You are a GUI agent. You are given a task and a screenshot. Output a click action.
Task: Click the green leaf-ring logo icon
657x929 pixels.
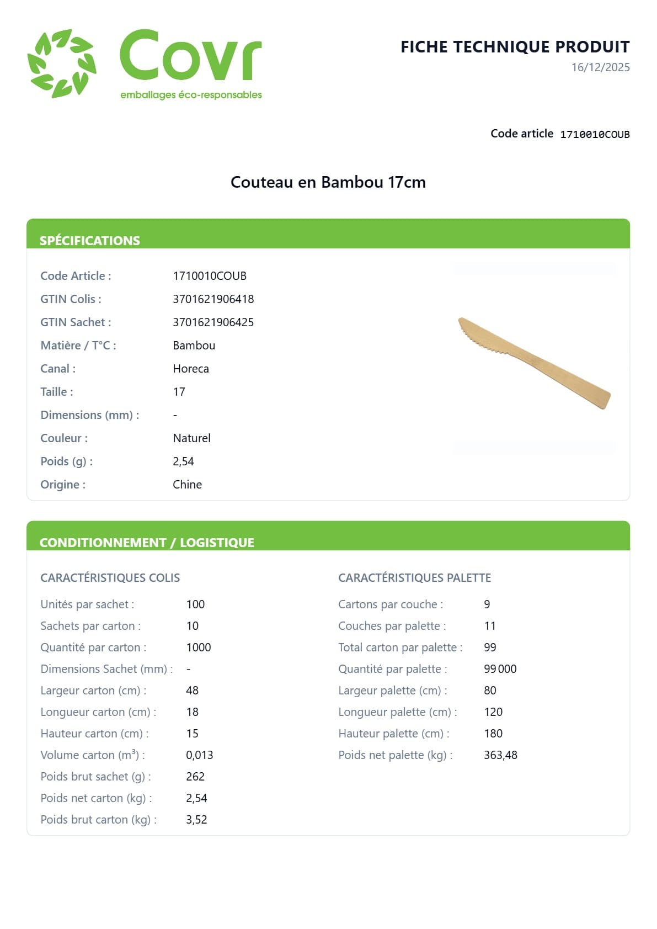(x=62, y=63)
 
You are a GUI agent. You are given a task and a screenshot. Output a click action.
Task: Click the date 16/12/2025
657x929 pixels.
(x=600, y=67)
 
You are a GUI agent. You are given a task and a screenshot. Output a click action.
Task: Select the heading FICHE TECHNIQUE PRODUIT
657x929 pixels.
(x=515, y=47)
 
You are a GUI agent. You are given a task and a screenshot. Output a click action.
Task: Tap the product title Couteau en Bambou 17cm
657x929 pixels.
(x=328, y=182)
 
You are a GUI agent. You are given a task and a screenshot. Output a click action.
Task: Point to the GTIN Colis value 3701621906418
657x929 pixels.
(x=213, y=299)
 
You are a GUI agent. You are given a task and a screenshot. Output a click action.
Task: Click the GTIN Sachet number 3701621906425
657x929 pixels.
(x=213, y=322)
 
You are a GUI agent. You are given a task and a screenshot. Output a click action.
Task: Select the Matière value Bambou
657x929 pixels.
(x=194, y=346)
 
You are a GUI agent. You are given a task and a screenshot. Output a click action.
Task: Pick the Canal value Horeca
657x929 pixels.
(x=190, y=369)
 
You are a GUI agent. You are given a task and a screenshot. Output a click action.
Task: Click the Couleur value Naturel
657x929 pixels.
(x=191, y=438)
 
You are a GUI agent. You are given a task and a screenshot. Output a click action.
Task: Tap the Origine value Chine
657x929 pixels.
(x=187, y=485)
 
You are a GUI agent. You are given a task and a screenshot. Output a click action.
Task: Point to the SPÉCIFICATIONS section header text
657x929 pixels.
(x=89, y=241)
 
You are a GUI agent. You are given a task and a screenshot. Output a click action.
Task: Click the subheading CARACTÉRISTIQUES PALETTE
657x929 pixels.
(x=414, y=578)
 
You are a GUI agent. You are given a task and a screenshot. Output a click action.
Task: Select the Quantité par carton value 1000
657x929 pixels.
(x=198, y=647)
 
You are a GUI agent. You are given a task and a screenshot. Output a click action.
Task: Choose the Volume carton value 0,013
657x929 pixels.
(x=199, y=755)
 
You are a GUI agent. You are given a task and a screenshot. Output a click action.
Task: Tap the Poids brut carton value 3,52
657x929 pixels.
(x=196, y=820)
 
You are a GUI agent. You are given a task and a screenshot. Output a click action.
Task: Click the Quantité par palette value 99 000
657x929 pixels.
(x=500, y=669)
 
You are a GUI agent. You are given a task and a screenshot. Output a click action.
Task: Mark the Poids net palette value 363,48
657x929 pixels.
(x=500, y=755)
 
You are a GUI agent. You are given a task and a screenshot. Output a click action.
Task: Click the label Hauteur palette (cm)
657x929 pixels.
(x=393, y=734)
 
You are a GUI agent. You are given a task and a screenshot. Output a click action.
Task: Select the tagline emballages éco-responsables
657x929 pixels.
(x=191, y=95)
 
